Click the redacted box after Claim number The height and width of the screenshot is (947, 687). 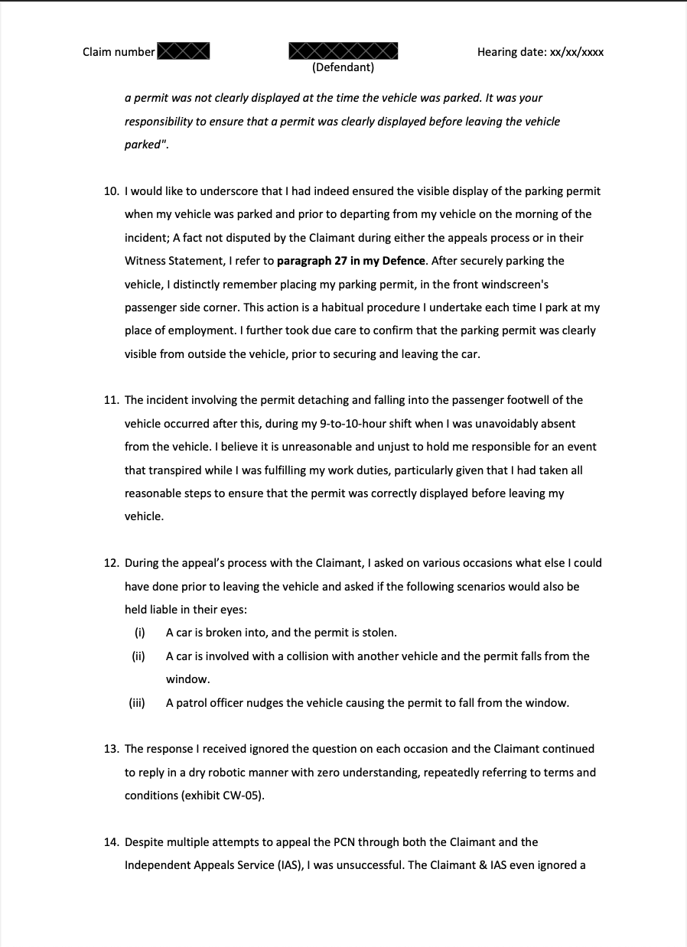coord(184,51)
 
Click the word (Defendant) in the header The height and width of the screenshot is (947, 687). coord(343,67)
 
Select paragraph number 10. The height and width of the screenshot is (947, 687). coord(111,191)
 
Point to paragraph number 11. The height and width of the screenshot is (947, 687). coord(111,400)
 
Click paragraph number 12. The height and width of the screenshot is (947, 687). coord(111,563)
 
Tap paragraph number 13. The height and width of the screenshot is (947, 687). coord(111,749)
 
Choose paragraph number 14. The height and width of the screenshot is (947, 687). coord(111,842)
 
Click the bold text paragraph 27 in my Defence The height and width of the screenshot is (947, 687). coord(351,261)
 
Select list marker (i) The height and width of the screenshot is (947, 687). coord(139,633)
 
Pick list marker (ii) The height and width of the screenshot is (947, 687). coord(138,656)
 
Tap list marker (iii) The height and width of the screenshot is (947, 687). coord(137,703)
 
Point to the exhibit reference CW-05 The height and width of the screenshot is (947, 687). coord(245,796)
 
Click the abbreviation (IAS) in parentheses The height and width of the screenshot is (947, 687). coord(290,865)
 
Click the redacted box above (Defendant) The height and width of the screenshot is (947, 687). coord(343,50)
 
